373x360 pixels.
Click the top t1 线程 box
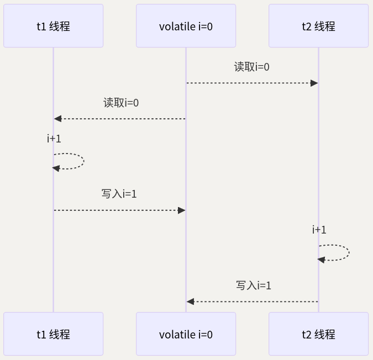point(53,26)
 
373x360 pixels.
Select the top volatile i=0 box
point(186,26)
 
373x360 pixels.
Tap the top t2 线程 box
point(318,26)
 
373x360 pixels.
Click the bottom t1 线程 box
point(53,334)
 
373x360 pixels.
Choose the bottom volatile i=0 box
point(186,334)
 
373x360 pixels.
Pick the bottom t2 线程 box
point(318,334)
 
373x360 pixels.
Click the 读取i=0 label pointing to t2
point(252,67)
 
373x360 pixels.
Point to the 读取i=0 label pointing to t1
point(121,103)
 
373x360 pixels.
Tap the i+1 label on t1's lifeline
point(54,139)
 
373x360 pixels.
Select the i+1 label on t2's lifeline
point(319,230)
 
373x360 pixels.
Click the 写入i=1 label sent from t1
point(119,194)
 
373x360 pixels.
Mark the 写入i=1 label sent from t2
point(254,285)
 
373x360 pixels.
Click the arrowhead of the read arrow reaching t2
point(314,83)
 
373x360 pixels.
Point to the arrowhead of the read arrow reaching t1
point(57,119)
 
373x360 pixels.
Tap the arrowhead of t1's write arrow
point(181,210)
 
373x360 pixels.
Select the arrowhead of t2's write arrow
point(190,301)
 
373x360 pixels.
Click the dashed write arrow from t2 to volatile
point(254,301)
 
